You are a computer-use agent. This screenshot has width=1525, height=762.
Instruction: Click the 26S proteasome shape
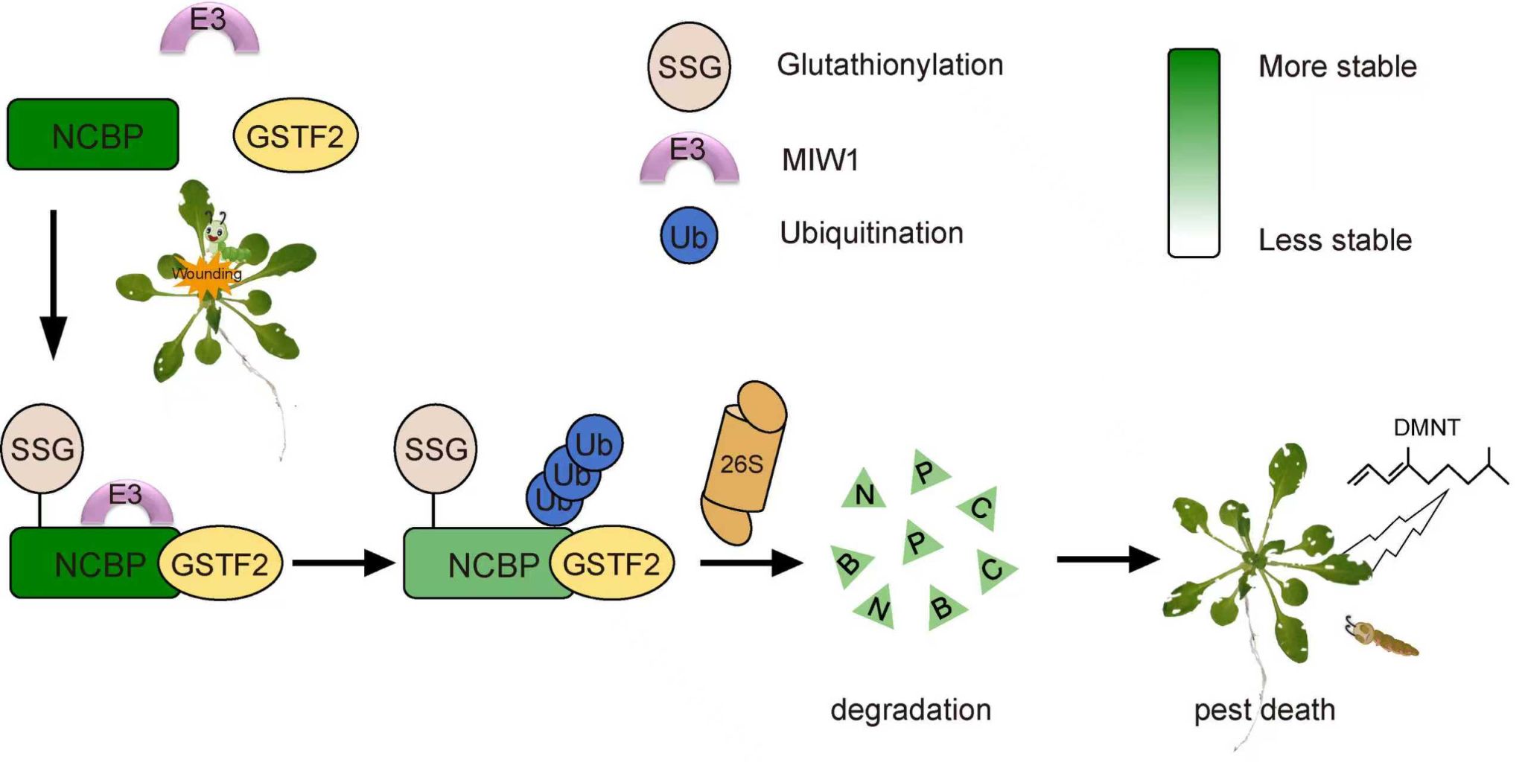(x=742, y=463)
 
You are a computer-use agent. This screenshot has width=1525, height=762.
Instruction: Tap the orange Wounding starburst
(x=206, y=275)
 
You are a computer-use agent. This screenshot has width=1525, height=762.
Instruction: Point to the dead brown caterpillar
(x=1384, y=638)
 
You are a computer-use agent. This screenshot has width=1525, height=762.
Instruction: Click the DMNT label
(x=1426, y=427)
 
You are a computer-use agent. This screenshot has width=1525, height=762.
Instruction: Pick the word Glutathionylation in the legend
(x=890, y=65)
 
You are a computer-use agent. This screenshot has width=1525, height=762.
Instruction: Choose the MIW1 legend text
(x=820, y=160)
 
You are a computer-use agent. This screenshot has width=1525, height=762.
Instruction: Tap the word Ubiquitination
(x=871, y=234)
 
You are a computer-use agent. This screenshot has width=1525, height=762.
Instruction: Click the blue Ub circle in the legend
(x=689, y=236)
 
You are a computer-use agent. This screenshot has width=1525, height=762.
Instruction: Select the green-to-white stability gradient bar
(x=1193, y=153)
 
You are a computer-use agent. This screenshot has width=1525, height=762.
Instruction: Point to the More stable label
(x=1337, y=67)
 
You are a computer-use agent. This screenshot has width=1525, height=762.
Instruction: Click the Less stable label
(x=1335, y=240)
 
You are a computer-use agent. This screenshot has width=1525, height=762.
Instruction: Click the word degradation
(x=911, y=710)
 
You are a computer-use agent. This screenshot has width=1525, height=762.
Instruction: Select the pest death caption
(x=1264, y=710)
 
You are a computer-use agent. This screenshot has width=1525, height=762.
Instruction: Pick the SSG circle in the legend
(x=689, y=67)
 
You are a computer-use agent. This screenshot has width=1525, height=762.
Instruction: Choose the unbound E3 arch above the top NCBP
(x=209, y=30)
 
